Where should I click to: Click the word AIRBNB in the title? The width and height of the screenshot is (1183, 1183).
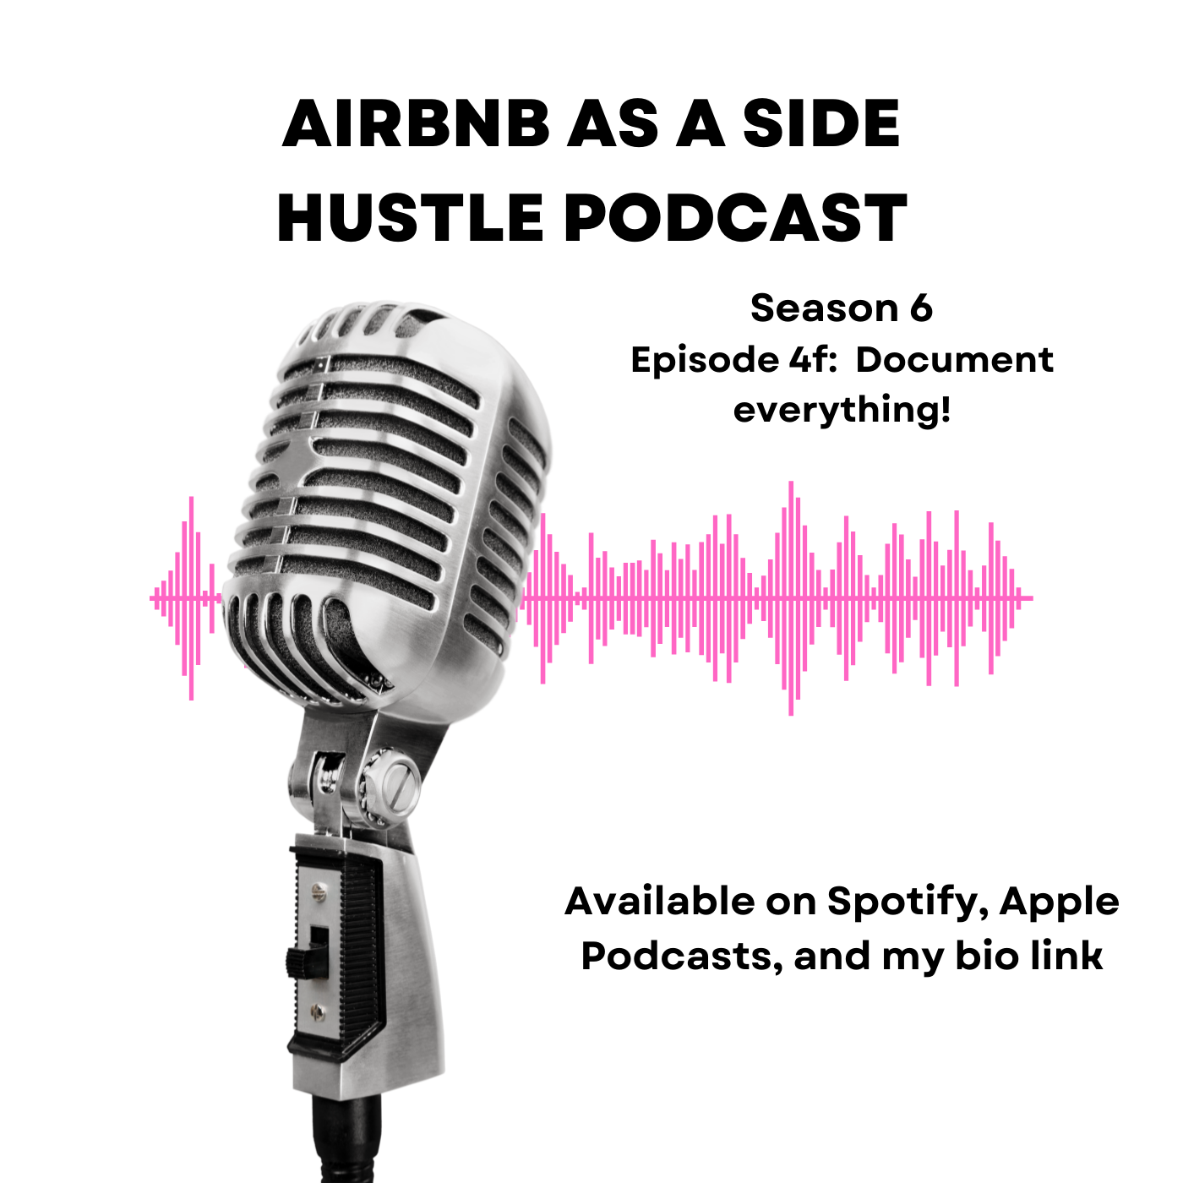417,123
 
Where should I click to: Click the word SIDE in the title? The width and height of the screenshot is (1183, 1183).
821,123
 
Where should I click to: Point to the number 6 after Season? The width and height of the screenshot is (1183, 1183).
920,308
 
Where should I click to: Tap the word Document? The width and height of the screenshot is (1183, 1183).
955,359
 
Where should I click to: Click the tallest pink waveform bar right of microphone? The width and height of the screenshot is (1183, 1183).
791,598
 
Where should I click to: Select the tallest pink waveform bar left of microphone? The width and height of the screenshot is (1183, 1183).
192,598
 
